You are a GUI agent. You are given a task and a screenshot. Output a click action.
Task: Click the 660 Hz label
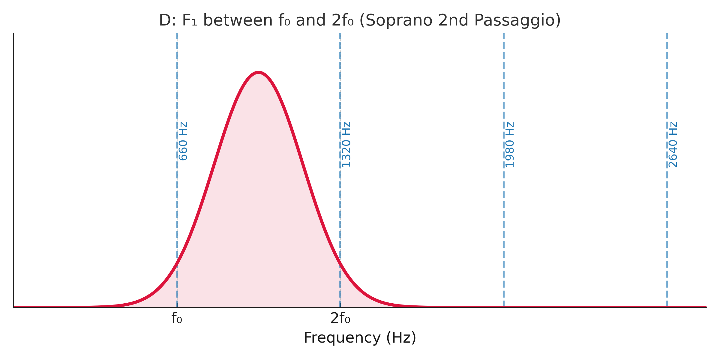(x=183, y=141)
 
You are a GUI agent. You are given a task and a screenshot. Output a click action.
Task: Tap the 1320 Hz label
(x=346, y=144)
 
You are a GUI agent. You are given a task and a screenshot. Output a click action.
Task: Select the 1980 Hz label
(x=510, y=144)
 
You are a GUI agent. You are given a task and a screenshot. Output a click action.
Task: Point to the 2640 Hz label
(x=673, y=144)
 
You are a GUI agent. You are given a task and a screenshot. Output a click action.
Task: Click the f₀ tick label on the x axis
(x=177, y=319)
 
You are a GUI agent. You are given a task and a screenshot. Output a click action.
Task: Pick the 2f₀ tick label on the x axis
(x=340, y=319)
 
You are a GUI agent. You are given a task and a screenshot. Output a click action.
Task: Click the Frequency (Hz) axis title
(x=360, y=338)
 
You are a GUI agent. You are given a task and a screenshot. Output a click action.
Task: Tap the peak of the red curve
(x=259, y=72)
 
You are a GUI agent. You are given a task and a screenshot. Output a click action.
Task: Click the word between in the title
(x=238, y=21)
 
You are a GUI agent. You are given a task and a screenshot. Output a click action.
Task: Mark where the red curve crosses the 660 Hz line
(x=177, y=263)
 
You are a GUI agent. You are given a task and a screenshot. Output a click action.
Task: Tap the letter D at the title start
(x=165, y=21)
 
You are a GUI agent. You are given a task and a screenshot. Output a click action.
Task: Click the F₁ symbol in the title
(x=189, y=21)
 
